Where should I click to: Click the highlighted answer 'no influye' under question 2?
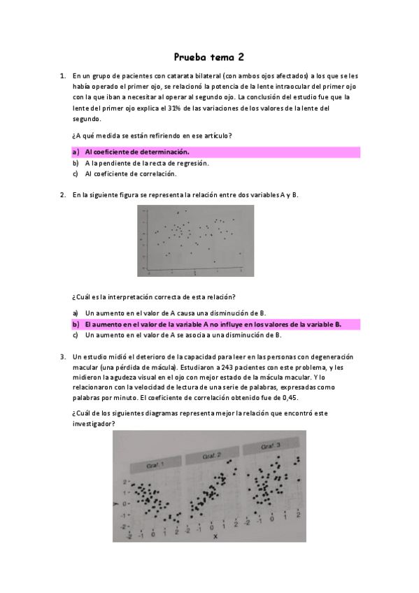[213, 324]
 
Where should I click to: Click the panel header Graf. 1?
[155, 466]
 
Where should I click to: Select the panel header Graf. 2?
[212, 456]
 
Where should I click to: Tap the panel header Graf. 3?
[270, 447]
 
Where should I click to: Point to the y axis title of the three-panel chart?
[115, 504]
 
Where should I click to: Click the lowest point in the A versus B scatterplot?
[214, 262]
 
